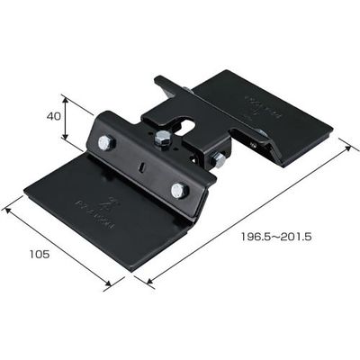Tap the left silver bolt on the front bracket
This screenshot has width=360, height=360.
[x=107, y=143]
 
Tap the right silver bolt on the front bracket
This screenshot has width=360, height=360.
[x=177, y=189]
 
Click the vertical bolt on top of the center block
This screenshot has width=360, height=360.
[x=162, y=137]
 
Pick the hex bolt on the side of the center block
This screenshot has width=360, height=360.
[x=218, y=159]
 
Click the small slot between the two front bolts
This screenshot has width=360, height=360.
[x=141, y=166]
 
